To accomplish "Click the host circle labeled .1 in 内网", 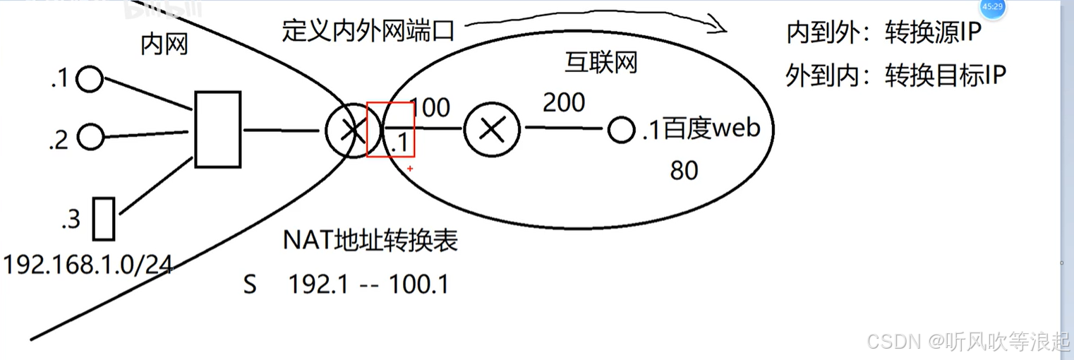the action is pyautogui.click(x=90, y=80).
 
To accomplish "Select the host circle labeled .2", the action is pyautogui.click(x=90, y=136).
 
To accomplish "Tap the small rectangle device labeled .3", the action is pyautogui.click(x=104, y=220).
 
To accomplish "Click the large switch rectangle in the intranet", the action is pyautogui.click(x=217, y=129).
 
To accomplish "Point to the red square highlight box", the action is pyautogui.click(x=390, y=129).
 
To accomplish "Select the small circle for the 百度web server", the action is pyautogui.click(x=622, y=131).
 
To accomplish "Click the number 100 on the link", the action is pyautogui.click(x=429, y=107).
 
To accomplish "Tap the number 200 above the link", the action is pyautogui.click(x=563, y=103).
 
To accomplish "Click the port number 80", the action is pyautogui.click(x=684, y=170).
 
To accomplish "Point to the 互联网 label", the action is pyautogui.click(x=601, y=64).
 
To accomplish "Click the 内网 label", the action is pyautogui.click(x=164, y=46).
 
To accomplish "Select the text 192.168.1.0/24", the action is pyautogui.click(x=88, y=265).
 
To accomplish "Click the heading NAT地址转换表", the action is pyautogui.click(x=370, y=241).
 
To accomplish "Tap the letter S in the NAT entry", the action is pyautogui.click(x=250, y=284).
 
